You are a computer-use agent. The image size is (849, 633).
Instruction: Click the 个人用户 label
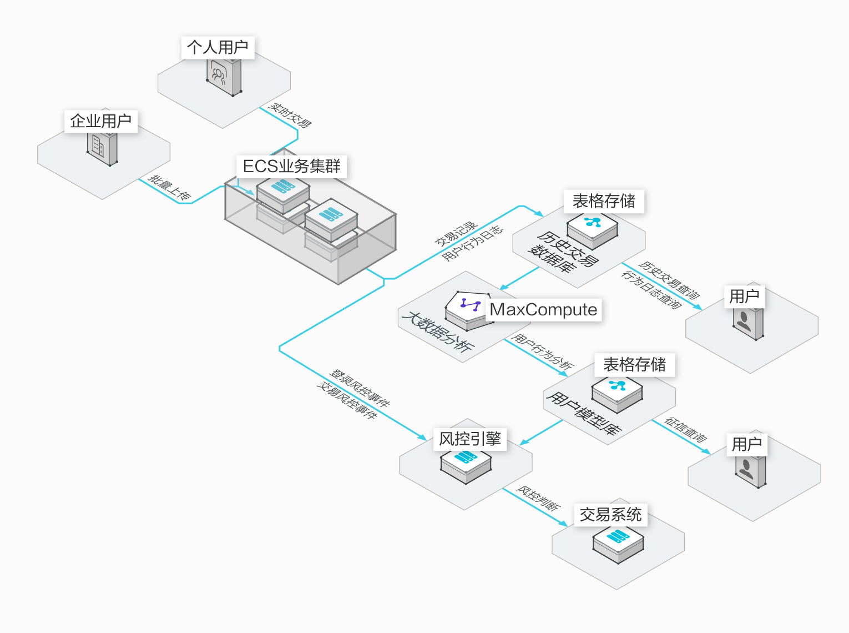coord(218,47)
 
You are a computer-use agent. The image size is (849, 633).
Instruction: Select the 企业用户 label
coord(100,121)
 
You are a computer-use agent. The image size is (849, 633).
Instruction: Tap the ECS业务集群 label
coord(292,166)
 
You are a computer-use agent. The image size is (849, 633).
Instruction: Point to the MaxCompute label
coord(543,309)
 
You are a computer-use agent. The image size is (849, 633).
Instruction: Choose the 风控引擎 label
coord(470,439)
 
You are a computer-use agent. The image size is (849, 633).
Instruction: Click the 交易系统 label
coord(610,515)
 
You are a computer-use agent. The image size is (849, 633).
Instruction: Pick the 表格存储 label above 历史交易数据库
coord(604,201)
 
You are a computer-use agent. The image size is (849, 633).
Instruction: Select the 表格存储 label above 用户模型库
coord(634,365)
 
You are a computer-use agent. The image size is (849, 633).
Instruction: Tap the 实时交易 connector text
coord(290,115)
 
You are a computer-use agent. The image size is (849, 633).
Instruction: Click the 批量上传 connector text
coord(170,188)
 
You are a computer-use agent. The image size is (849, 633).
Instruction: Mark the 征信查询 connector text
coord(686,430)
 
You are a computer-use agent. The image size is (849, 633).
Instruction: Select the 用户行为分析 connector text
coord(542,351)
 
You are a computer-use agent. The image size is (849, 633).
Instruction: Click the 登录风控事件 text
coord(360,388)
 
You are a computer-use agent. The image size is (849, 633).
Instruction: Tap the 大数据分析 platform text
coord(438,331)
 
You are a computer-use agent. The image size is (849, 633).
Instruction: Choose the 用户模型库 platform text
coord(584,413)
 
